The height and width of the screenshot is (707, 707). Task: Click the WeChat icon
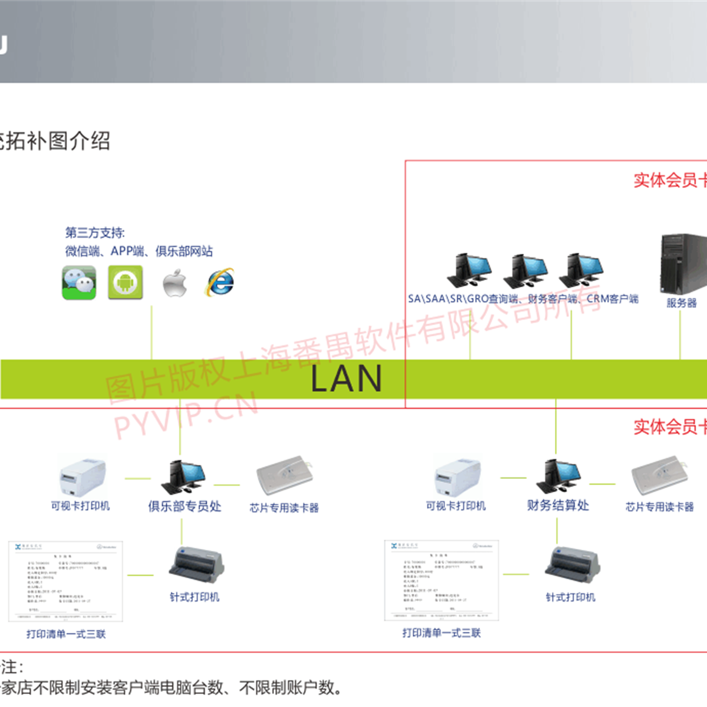pos(79,283)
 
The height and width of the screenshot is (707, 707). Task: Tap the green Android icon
pos(125,282)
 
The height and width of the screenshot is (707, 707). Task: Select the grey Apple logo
pos(175,283)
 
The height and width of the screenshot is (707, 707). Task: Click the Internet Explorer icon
pos(220,282)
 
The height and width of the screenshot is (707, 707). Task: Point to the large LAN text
pos(346,379)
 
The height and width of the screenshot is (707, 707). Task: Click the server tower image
pos(683,264)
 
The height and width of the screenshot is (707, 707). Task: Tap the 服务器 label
pos(681,303)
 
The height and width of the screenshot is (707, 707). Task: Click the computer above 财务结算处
pos(558,476)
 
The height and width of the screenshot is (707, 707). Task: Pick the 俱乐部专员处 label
pos(185,506)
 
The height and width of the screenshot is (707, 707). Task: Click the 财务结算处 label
pos(558,506)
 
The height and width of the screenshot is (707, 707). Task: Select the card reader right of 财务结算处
pos(660,475)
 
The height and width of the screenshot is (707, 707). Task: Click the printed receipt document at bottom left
pos(65,581)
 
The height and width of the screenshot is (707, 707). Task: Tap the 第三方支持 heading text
pos(95,233)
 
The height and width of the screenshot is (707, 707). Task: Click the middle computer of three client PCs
pos(525,270)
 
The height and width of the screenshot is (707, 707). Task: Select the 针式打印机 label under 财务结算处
pos(570,597)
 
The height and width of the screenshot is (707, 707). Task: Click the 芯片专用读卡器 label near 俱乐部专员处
pos(284,508)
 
